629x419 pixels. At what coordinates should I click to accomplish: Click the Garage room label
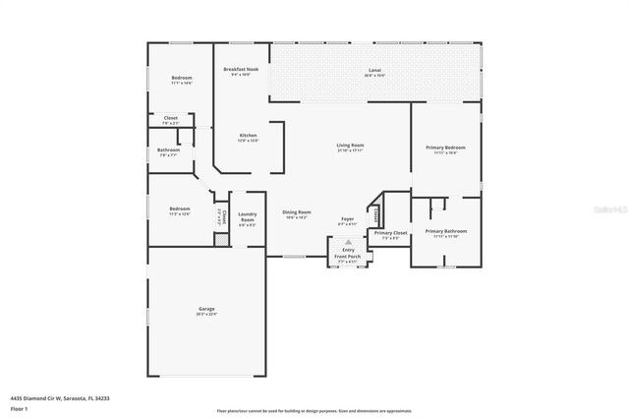point(205,311)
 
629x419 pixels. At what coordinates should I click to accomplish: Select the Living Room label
point(350,148)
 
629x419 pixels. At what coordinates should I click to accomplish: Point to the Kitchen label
point(248,138)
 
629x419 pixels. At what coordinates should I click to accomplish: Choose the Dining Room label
point(296,214)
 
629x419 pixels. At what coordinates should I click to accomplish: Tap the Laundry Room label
point(247,218)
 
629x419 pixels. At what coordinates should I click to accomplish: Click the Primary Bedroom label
point(445,150)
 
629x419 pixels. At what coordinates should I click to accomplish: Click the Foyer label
point(347,221)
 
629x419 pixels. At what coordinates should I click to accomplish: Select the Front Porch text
point(348,259)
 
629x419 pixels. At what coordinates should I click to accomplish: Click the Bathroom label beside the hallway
point(167,152)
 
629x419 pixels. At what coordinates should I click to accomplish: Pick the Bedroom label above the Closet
point(182,80)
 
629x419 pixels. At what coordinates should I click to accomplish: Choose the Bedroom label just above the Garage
point(178,210)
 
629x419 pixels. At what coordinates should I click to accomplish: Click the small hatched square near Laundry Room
point(222,239)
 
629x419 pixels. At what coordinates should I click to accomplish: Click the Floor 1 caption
point(21,407)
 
